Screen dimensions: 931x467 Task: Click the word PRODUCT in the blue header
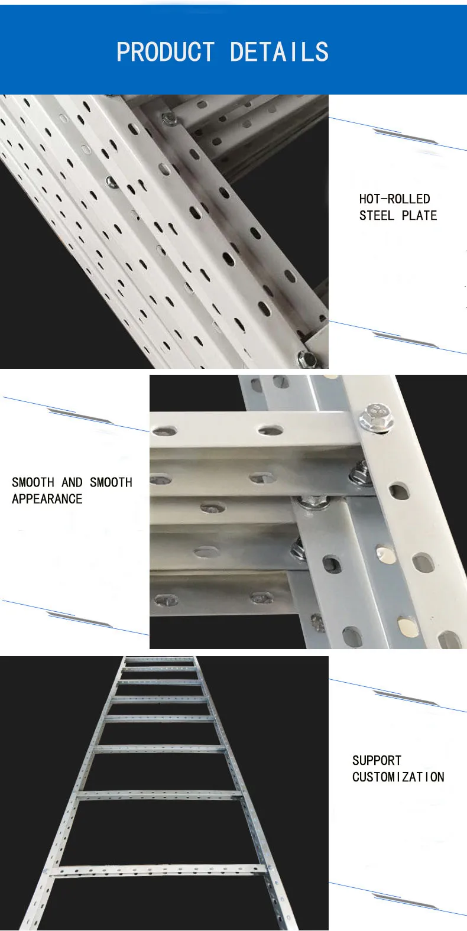coord(166,53)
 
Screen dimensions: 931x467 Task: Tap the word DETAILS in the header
coord(279,53)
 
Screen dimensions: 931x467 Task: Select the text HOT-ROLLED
coord(394,199)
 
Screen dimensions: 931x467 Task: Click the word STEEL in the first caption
coord(377,216)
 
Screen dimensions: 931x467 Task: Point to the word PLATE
coord(419,216)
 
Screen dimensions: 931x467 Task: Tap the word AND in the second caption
coord(72,482)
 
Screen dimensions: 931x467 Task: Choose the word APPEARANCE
coord(47,499)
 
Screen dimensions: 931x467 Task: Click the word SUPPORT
coord(377,761)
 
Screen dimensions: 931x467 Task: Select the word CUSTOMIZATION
coord(398,777)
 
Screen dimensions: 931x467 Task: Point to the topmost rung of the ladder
coord(160,659)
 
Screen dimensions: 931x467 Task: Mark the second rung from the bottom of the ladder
coord(160,795)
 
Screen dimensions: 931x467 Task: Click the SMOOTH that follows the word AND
coord(111,482)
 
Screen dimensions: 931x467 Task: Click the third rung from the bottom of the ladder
coord(160,749)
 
